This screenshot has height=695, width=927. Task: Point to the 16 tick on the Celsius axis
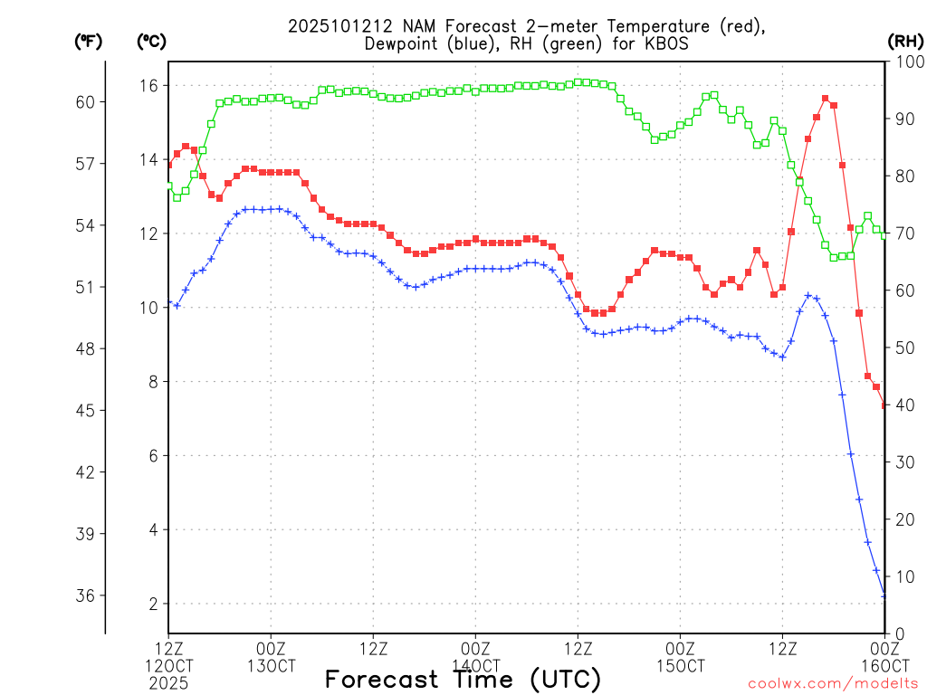148,85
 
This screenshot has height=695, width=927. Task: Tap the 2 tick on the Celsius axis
153,604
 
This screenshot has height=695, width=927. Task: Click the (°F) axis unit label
88,41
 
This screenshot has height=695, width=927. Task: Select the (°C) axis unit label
151,41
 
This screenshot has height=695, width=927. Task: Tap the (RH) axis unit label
904,41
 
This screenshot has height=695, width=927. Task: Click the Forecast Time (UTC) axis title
463,679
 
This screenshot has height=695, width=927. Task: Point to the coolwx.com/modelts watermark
833,683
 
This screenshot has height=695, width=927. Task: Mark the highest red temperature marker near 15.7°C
825,98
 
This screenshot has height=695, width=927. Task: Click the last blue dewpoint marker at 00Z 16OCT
884,595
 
